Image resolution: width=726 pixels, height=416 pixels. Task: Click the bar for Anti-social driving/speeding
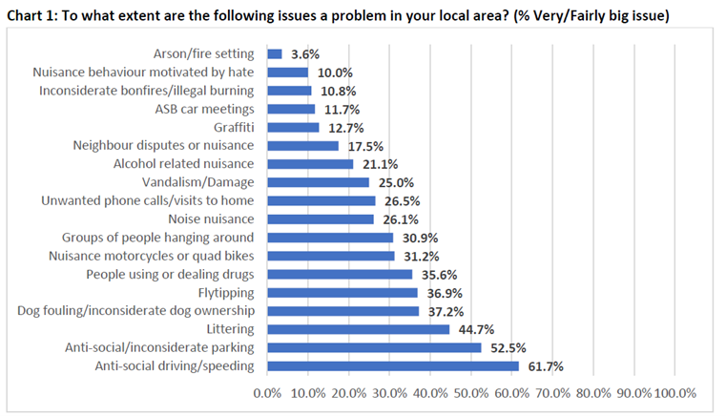393,365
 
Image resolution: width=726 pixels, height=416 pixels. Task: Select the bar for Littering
358,329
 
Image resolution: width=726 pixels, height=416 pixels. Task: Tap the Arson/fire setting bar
275,54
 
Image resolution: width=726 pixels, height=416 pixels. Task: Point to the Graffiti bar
293,128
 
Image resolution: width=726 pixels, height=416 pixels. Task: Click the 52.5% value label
508,347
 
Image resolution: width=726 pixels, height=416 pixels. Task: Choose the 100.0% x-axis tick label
676,393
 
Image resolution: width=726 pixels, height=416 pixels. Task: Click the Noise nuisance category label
212,219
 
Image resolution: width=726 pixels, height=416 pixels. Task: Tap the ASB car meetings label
203,110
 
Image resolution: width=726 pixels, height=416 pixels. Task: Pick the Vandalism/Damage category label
197,182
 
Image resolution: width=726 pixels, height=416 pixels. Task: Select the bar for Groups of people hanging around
330,238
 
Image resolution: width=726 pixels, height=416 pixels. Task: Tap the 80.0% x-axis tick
594,393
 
